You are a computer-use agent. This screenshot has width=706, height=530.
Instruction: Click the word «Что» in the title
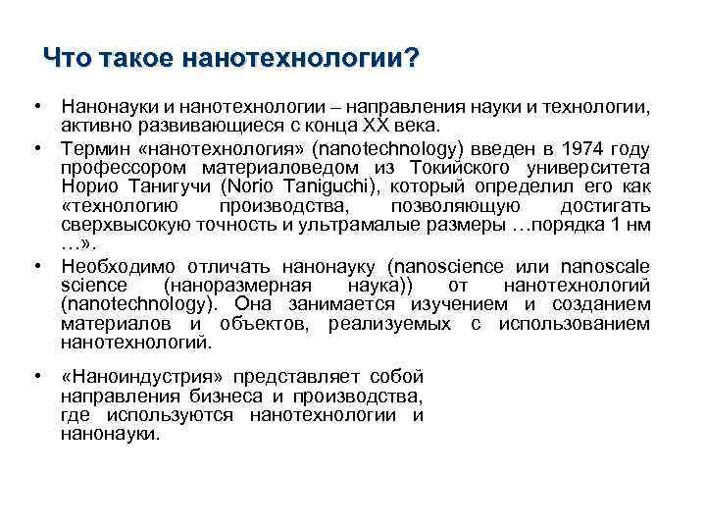point(66,60)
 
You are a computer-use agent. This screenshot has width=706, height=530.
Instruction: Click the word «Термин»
point(93,148)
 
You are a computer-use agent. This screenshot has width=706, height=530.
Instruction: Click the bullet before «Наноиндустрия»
point(35,377)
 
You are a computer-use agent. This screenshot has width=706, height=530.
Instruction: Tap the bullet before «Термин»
point(35,148)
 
